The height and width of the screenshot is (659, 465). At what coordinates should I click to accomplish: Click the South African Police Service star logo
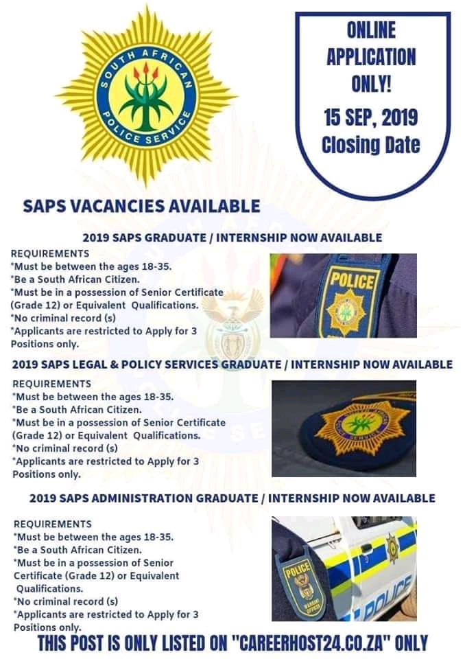146,95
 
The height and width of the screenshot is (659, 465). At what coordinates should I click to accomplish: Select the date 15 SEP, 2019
370,117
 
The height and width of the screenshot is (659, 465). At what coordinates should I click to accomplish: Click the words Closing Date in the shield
370,145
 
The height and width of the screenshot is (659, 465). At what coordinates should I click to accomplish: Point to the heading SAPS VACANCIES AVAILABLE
141,206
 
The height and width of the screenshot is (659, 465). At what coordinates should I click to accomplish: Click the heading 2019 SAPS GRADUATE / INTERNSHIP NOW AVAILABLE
232,238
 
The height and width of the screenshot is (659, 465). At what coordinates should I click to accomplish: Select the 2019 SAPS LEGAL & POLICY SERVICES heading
232,364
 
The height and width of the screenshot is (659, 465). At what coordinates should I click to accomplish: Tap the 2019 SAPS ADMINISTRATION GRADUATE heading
232,498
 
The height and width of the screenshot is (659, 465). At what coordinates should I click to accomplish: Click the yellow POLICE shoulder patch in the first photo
353,297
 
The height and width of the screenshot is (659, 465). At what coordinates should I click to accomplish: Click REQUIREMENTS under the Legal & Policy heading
52,383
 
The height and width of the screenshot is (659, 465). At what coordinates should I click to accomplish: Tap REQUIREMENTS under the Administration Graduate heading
52,524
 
